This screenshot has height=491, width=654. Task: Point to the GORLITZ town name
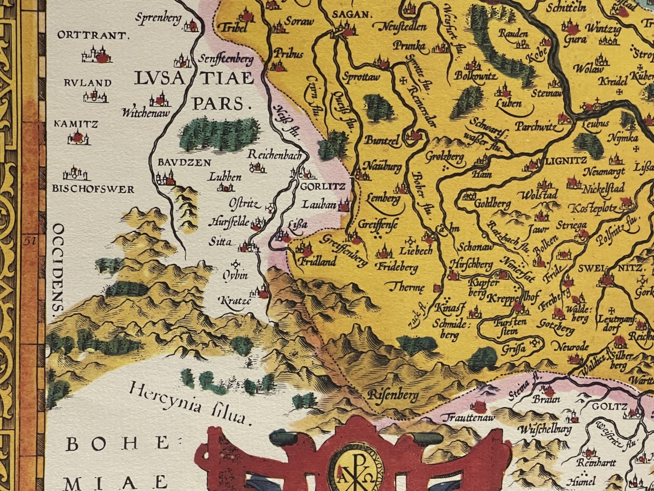[323, 186]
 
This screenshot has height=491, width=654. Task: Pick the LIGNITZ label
[559, 161]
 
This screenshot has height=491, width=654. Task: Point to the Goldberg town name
[493, 204]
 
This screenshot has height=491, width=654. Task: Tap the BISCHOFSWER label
[93, 189]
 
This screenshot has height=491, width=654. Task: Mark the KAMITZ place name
[76, 124]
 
